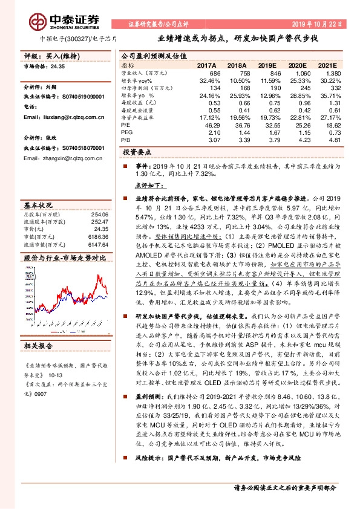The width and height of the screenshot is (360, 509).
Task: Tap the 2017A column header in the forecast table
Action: [x=207, y=64]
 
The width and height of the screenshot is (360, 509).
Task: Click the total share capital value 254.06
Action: [x=99, y=198]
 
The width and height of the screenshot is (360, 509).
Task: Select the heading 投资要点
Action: [x=137, y=153]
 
